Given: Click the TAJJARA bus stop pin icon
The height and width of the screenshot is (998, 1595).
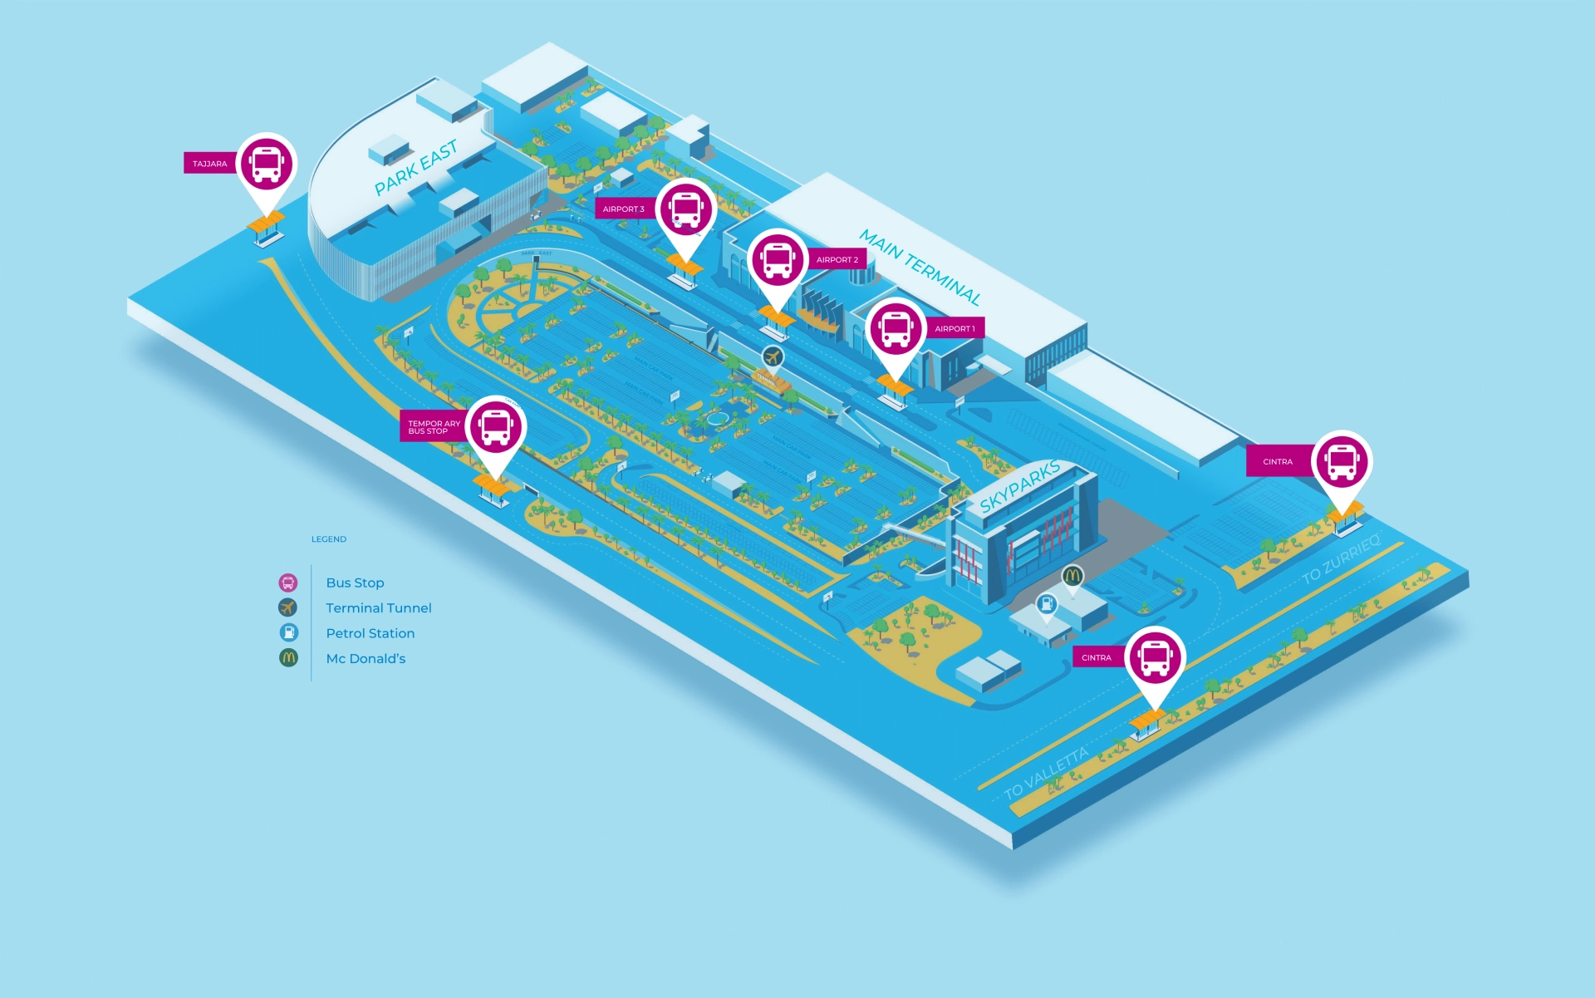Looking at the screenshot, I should [x=266, y=164].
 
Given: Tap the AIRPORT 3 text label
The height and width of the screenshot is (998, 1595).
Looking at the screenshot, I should [x=623, y=209].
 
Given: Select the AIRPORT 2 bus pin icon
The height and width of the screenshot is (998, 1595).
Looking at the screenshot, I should [x=778, y=259].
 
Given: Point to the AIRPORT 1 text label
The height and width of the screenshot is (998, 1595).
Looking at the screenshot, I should [x=955, y=329].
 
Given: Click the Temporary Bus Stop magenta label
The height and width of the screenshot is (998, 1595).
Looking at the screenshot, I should [x=433, y=427].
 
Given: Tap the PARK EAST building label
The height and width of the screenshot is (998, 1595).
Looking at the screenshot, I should [x=415, y=168].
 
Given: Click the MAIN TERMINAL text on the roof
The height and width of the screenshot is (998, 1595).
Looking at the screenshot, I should [x=920, y=267].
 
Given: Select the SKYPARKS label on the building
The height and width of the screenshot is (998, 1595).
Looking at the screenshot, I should [x=1019, y=486].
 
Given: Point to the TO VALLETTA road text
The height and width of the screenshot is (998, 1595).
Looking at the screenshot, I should [x=1046, y=774].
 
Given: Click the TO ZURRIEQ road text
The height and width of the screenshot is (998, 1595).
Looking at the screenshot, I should [x=1340, y=559].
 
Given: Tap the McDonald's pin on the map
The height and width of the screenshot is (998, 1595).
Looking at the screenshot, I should [x=1072, y=575].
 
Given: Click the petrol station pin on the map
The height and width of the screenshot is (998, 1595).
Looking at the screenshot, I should [x=1047, y=604].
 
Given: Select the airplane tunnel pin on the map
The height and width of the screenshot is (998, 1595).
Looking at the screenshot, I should [x=773, y=357].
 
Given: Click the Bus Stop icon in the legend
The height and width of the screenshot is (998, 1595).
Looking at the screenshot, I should [x=288, y=583].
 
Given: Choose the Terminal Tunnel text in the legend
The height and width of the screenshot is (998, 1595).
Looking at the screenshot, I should [x=379, y=608].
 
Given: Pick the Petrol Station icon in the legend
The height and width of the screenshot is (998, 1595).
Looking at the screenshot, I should [x=288, y=633].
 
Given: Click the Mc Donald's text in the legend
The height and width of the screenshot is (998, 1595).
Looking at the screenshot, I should [x=366, y=659].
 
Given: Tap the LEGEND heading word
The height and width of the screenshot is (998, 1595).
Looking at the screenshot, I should [x=329, y=539].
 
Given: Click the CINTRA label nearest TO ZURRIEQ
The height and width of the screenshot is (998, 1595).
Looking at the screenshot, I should [x=1278, y=462].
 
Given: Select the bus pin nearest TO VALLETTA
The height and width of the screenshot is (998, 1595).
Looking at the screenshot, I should [x=1155, y=657].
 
